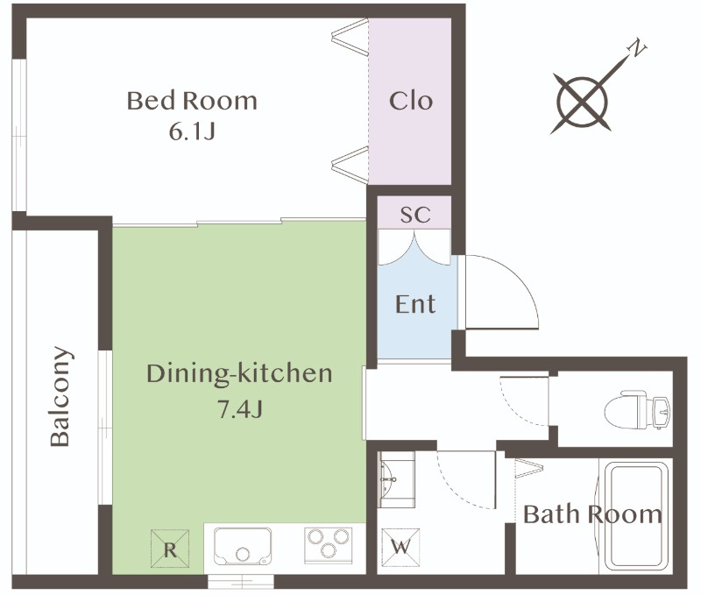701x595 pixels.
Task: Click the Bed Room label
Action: click(192, 101)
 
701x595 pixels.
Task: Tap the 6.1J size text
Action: click(192, 131)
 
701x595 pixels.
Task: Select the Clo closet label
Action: click(411, 101)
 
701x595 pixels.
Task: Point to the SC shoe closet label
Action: click(415, 215)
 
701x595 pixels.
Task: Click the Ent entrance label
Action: click(415, 304)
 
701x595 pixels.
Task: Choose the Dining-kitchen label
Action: click(239, 373)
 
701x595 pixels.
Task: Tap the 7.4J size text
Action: click(239, 408)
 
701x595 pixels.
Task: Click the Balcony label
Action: click(60, 396)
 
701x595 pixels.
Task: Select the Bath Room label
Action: click(593, 514)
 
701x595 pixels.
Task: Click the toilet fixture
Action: click(637, 409)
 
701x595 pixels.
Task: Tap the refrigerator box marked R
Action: click(170, 549)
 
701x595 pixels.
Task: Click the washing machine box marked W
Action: click(401, 547)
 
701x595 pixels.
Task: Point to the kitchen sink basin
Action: click(243, 546)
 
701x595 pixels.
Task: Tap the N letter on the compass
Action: click(637, 47)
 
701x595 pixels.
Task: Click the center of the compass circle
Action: click(582, 102)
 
